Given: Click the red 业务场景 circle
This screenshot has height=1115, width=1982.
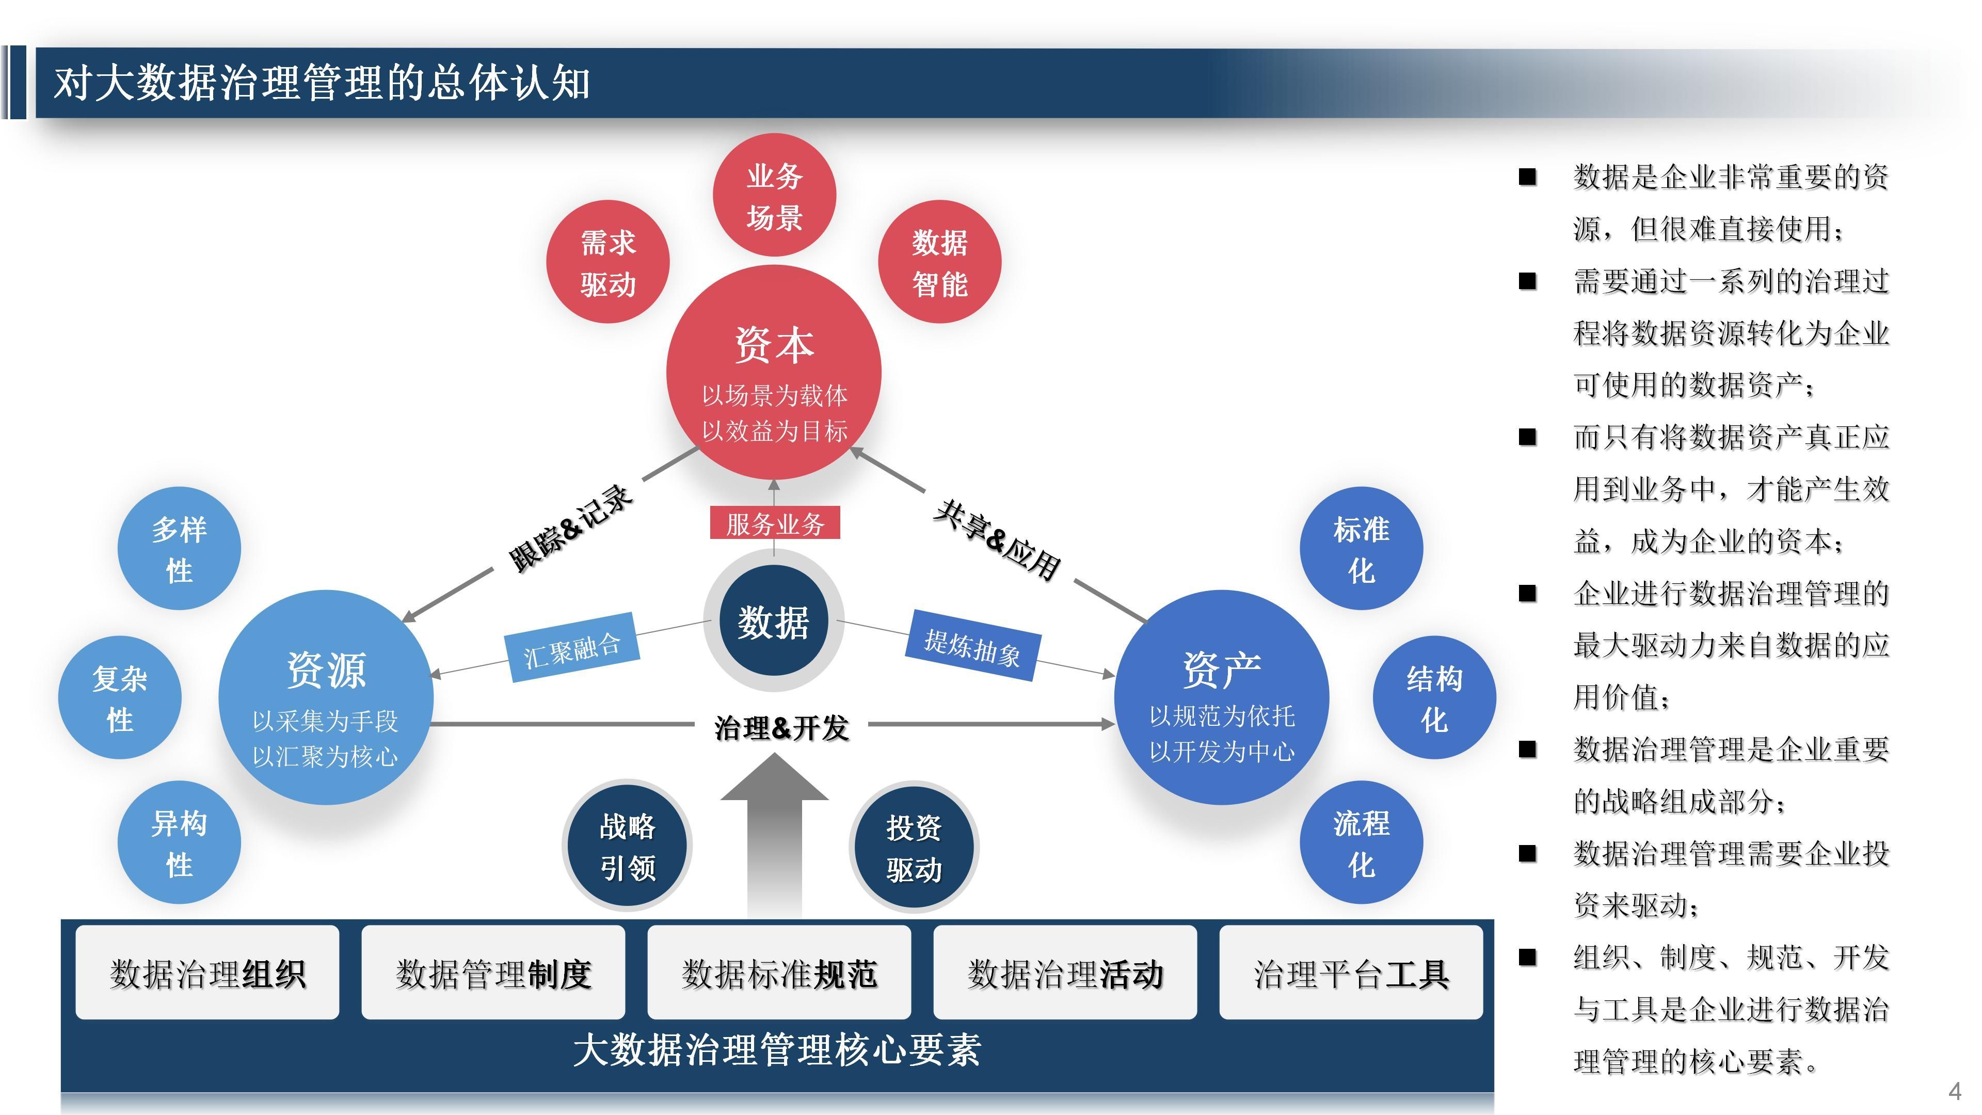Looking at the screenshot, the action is [774, 196].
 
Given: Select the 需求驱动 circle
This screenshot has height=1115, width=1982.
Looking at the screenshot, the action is [608, 262].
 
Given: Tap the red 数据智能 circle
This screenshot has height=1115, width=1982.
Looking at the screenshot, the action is [939, 262].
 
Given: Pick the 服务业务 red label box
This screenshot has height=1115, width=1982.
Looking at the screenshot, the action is [774, 523].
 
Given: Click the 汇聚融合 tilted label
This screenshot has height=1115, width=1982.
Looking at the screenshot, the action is [572, 648].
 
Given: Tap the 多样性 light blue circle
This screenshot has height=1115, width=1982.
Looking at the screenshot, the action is [179, 549].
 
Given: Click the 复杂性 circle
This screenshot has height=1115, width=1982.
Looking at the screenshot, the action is [120, 698].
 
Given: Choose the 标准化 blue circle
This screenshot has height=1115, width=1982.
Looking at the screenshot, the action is [1361, 549].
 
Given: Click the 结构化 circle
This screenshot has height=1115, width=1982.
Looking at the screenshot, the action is [1434, 698].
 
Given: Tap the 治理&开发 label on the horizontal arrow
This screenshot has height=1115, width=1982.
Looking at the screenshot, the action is [781, 726].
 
